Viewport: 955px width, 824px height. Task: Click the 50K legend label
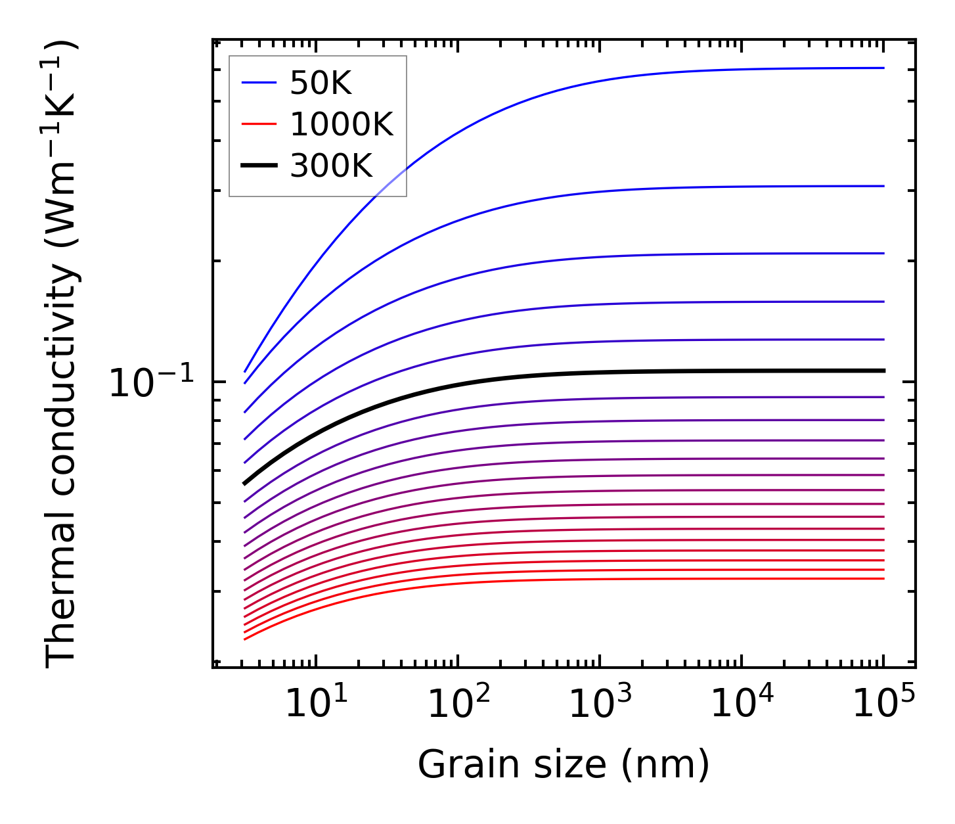[x=321, y=83]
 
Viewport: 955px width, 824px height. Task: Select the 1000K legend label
[x=341, y=124]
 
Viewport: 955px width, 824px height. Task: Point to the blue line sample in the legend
[x=259, y=83]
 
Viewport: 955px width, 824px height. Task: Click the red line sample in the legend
[x=259, y=124]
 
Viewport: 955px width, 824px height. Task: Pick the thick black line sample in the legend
[x=259, y=166]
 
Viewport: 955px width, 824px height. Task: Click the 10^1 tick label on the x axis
[x=316, y=704]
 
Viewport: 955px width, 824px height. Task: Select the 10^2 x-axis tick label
[x=458, y=704]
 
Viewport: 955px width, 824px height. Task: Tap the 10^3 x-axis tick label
[x=600, y=704]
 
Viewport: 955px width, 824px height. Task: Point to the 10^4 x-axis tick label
[x=742, y=704]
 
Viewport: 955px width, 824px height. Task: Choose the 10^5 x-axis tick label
[x=883, y=704]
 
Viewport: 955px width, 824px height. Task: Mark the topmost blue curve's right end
[x=883, y=68]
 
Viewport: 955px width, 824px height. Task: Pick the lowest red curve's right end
[x=883, y=578]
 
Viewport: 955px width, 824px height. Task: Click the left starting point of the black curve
[x=244, y=484]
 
